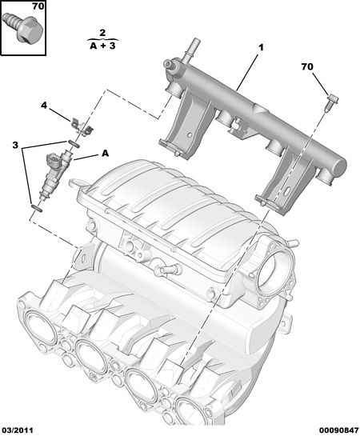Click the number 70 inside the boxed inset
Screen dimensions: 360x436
pyautogui.click(x=38, y=6)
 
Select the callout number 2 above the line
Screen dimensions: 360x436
pyautogui.click(x=102, y=33)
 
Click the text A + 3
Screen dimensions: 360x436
pyautogui.click(x=102, y=46)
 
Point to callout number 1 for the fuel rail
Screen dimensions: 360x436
pyautogui.click(x=261, y=48)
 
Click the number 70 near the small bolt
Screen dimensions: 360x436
pyautogui.click(x=307, y=66)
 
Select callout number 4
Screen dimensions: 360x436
pyautogui.click(x=44, y=106)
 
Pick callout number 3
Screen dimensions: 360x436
pyautogui.click(x=15, y=145)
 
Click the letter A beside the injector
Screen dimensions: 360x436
pyautogui.click(x=105, y=154)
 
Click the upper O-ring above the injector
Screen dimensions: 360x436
pyautogui.click(x=74, y=144)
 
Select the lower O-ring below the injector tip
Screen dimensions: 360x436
pyautogui.click(x=37, y=208)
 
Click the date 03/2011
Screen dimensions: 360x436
pyautogui.click(x=17, y=430)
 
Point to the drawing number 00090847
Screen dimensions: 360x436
pyautogui.click(x=338, y=430)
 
